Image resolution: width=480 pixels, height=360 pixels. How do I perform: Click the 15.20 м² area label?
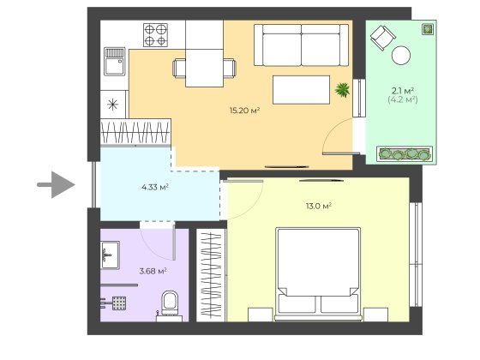(244, 111)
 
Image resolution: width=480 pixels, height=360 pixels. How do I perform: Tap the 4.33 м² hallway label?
(155, 187)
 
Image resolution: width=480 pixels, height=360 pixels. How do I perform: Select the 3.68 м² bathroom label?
(153, 271)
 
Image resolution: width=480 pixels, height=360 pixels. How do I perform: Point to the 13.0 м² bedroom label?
(319, 206)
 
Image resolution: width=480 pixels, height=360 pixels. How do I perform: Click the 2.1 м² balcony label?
(403, 91)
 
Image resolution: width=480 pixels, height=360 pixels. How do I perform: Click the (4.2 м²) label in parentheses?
(403, 99)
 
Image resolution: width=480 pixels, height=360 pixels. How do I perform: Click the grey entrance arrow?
(56, 184)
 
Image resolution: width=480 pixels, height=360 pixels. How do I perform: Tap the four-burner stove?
(155, 35)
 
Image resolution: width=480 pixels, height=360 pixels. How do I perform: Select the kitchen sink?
(115, 62)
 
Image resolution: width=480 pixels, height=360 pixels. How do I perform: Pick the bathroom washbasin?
(110, 255)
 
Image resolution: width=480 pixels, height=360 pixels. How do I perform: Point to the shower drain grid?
(119, 303)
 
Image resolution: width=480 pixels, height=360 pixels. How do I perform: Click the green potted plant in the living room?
(343, 90)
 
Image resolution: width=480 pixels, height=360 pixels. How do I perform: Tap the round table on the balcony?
(401, 55)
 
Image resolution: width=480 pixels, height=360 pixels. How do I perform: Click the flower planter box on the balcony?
(405, 153)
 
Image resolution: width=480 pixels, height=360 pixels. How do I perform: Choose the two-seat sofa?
(301, 45)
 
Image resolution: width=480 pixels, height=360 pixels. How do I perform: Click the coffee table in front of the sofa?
(301, 90)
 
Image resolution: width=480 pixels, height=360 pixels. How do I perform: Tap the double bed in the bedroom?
(318, 274)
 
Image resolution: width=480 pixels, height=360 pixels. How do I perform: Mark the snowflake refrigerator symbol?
(113, 105)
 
